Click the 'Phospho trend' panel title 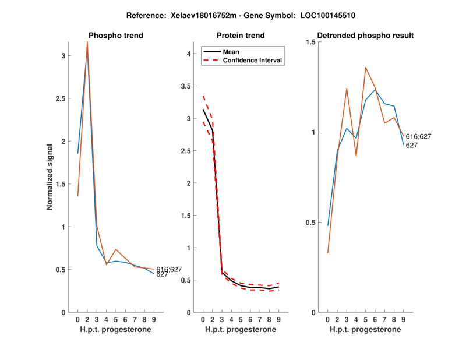tap(115, 36)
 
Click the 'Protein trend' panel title tap(241, 36)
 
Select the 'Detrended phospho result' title tap(365, 36)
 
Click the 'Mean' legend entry tap(231, 52)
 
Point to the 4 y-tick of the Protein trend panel tap(189, 54)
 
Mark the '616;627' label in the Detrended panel tap(418, 136)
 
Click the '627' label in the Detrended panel tap(411, 145)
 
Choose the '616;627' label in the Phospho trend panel tap(168, 269)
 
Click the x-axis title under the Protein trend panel tap(241, 330)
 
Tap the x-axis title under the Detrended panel tap(365, 330)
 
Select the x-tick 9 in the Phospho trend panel tap(154, 320)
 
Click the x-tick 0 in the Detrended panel tap(327, 320)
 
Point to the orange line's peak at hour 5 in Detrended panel tap(366, 68)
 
